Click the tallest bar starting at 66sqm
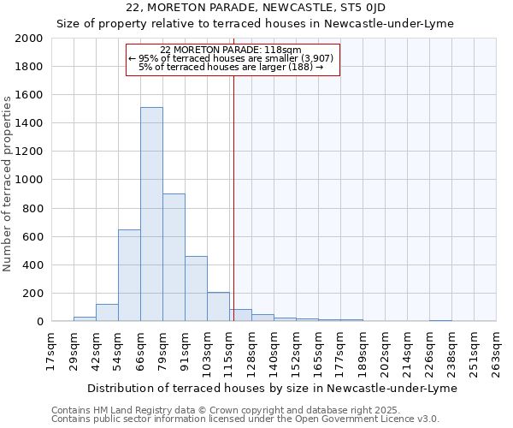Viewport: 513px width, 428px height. pyautogui.click(x=151, y=214)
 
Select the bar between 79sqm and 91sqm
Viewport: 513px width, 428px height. pyautogui.click(x=174, y=257)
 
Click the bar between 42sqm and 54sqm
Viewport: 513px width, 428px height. pyautogui.click(x=107, y=312)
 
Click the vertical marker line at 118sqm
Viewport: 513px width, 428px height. pyautogui.click(x=233, y=197)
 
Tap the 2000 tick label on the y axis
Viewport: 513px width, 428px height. pyautogui.click(x=29, y=39)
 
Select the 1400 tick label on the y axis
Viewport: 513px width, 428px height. pyautogui.click(x=29, y=123)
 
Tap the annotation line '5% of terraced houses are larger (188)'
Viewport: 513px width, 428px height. pyautogui.click(x=231, y=67)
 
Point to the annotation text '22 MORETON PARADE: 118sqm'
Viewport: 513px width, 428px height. pyautogui.click(x=231, y=50)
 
